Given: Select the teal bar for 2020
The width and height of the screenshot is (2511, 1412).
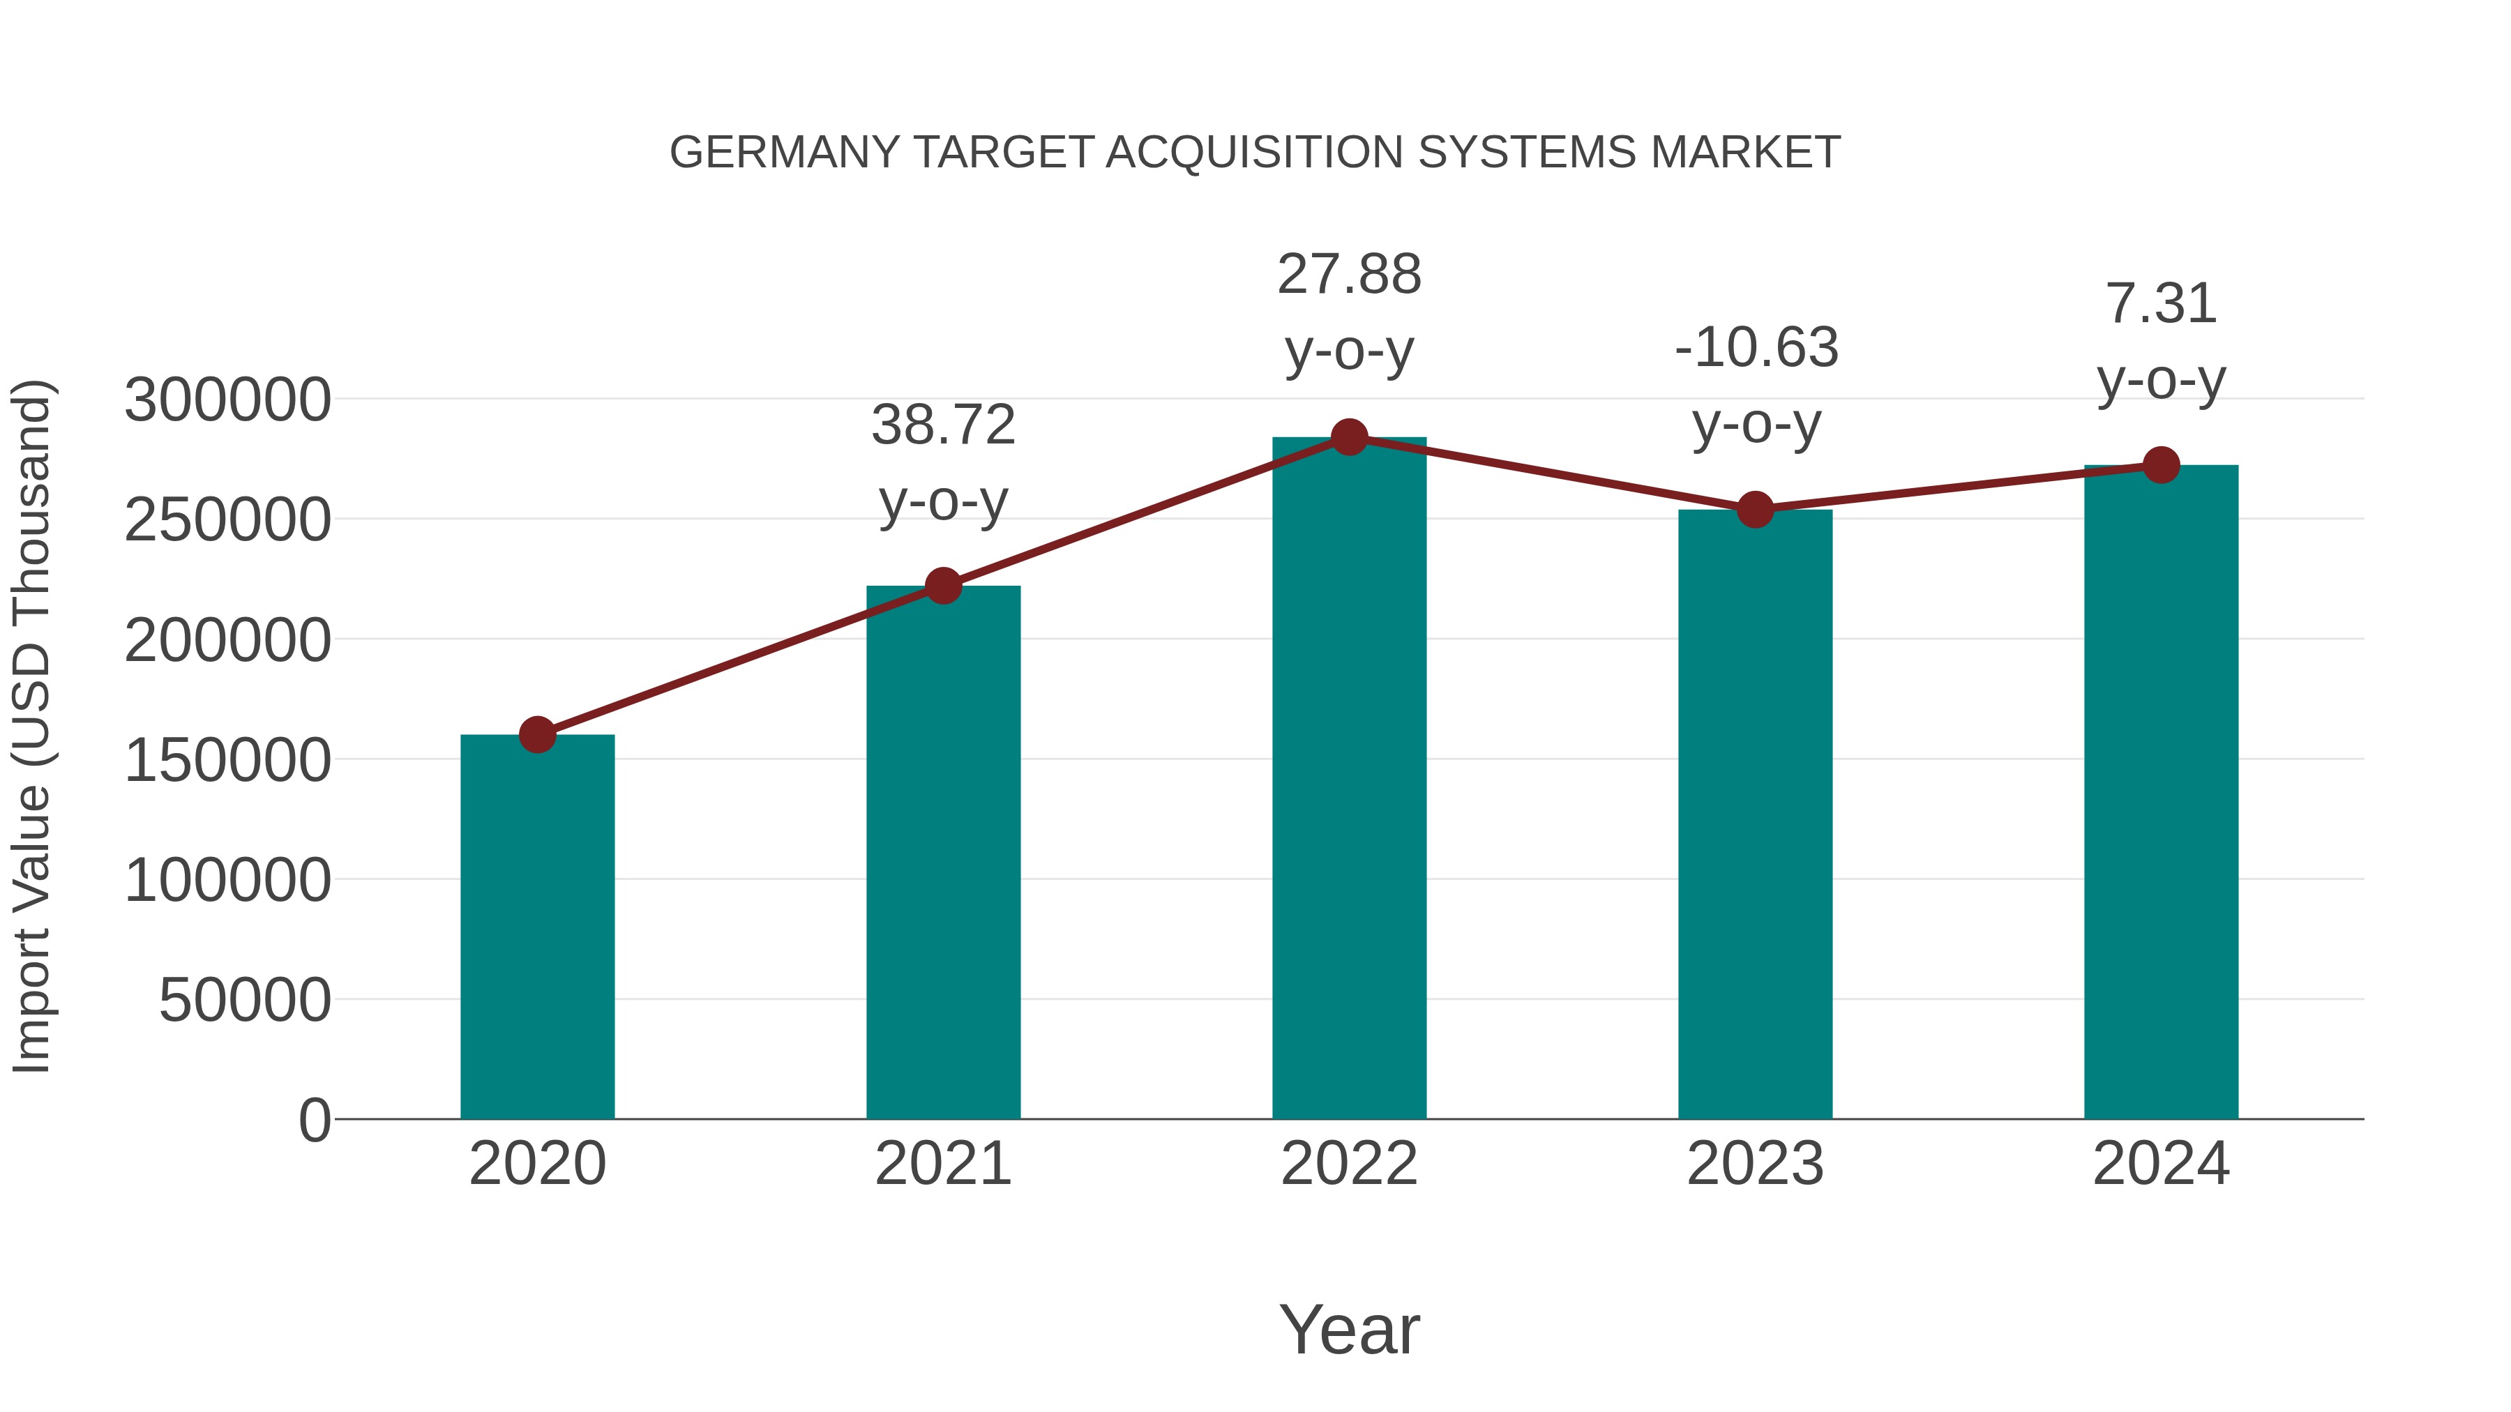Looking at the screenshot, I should (x=537, y=926).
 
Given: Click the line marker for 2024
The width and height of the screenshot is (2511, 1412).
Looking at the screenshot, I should (x=2161, y=465).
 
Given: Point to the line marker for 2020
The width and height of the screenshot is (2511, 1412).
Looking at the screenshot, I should (x=537, y=734).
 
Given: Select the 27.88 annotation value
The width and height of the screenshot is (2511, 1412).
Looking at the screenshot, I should (x=1349, y=274).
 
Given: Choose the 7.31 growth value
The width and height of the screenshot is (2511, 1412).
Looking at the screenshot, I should (x=2161, y=303).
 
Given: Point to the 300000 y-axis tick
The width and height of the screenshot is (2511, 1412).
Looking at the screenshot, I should (x=227, y=400).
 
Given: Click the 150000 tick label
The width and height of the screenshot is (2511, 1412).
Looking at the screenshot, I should (x=227, y=760).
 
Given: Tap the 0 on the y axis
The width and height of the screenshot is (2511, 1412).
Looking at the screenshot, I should (x=314, y=1120).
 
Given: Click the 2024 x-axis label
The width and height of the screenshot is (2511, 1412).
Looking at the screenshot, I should (x=2161, y=1164).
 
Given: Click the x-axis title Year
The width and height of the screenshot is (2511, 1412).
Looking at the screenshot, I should (x=1349, y=1329).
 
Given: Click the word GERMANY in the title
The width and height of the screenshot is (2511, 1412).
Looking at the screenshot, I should (x=785, y=153).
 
